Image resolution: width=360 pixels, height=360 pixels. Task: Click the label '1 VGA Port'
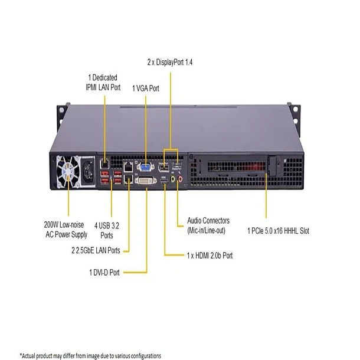[x=146, y=88]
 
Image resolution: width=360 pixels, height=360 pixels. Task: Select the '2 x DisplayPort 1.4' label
[x=171, y=61]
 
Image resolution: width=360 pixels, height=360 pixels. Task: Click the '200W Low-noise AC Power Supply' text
[x=66, y=230]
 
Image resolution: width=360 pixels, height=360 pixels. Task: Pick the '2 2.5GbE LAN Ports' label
[x=96, y=250]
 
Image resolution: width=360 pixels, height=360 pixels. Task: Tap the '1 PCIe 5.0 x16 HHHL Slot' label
[x=279, y=231]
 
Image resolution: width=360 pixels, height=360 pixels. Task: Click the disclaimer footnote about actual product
[x=90, y=356]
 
